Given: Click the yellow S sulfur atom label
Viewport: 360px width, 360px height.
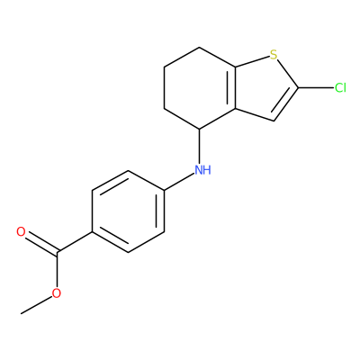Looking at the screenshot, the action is coord(273,55).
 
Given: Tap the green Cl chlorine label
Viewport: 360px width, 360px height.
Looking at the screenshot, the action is coord(340,88).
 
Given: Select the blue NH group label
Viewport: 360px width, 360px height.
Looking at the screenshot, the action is coord(202,170).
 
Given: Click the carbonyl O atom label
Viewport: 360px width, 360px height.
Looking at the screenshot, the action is coord(21,231).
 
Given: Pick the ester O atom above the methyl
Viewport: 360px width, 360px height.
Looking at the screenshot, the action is coord(56,293).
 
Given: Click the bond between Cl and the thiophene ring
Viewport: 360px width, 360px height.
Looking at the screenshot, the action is coord(316,88).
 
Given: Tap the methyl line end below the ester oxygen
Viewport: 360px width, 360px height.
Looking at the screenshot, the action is coord(21,314).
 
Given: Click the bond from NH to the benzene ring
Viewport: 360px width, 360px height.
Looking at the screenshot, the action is coord(179,182).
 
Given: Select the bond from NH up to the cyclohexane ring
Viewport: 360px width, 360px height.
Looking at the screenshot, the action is coord(200,146).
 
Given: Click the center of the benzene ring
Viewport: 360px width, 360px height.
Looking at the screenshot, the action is coord(129,211).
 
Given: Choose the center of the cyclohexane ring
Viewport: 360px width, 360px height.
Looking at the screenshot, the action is coord(200,88).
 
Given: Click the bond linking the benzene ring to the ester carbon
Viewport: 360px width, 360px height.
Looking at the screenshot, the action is coord(75,242).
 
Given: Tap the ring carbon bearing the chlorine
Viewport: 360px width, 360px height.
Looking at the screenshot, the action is coord(298,88).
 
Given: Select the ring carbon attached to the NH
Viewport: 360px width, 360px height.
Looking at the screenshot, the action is coord(200,129).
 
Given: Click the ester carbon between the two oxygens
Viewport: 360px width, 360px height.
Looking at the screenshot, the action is coord(58,252).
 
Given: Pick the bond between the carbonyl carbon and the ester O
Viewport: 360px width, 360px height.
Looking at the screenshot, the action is coord(57,269).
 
